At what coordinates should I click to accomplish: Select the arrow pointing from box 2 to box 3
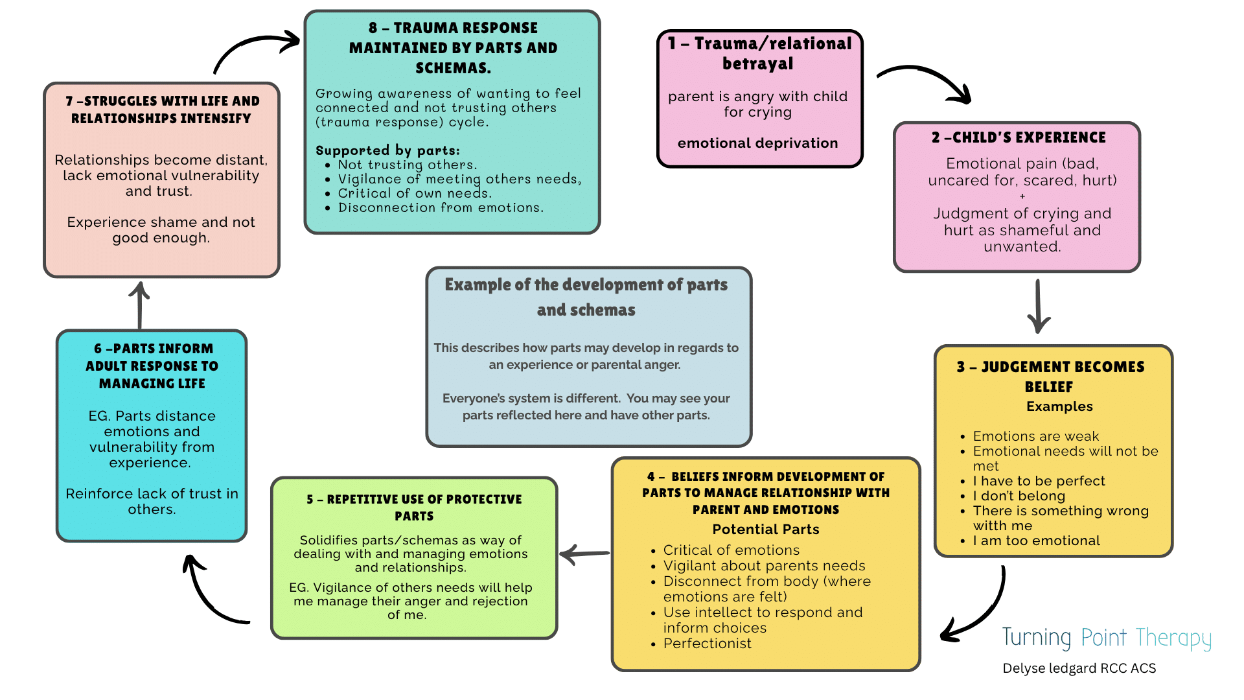(x=1039, y=306)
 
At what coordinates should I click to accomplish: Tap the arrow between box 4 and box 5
(x=584, y=554)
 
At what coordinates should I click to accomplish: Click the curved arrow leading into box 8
(x=257, y=49)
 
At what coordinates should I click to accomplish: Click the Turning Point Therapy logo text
(x=1107, y=638)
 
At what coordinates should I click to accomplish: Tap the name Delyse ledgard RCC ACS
(x=1079, y=668)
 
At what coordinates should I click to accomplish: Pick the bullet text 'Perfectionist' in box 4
(x=707, y=644)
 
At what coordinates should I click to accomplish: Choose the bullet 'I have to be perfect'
(x=1039, y=481)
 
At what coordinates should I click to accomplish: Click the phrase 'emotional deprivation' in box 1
(x=757, y=143)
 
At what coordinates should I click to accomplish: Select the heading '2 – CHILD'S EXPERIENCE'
(x=1019, y=137)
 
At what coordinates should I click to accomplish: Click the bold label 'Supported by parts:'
(x=387, y=150)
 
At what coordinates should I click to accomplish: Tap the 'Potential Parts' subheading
(x=766, y=530)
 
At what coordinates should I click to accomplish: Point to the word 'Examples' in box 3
(x=1059, y=406)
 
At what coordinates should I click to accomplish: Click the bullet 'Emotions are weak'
(x=1035, y=436)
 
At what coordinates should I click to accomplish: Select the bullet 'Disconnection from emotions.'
(x=441, y=207)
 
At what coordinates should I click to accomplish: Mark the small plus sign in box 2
(x=1022, y=196)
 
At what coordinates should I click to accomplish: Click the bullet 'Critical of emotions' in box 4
(x=731, y=550)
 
